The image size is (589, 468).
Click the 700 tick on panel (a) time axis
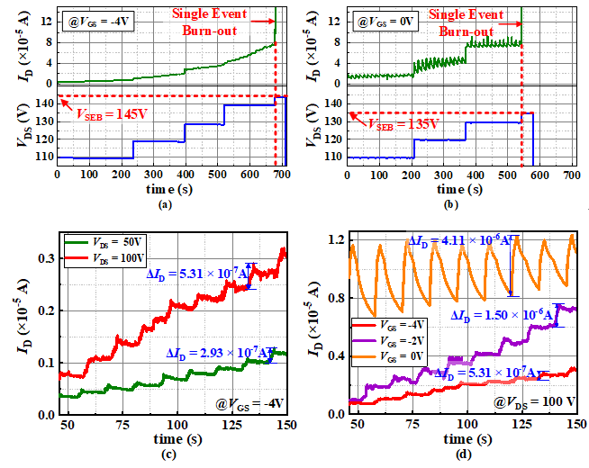coord(281,173)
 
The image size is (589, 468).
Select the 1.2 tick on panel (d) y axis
coord(334,240)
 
